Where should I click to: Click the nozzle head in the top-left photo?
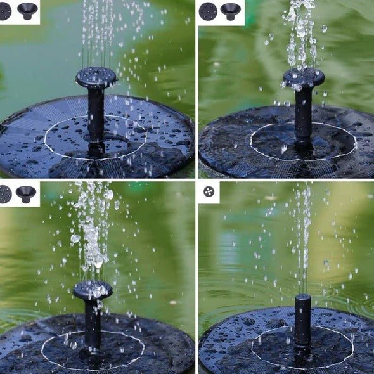click(x=96, y=77)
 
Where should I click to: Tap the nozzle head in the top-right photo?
click(x=304, y=77)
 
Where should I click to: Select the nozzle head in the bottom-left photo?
click(x=93, y=290)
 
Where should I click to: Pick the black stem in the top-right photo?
click(x=304, y=114)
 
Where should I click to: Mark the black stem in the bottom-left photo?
click(x=93, y=323)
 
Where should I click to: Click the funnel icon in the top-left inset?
click(x=27, y=10)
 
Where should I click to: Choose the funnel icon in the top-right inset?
click(x=230, y=11)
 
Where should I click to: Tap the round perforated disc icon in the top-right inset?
click(x=208, y=11)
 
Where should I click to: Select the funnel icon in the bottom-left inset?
click(x=26, y=194)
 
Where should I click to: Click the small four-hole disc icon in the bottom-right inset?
click(x=209, y=191)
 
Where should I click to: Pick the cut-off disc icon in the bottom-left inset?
click(x=4, y=194)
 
